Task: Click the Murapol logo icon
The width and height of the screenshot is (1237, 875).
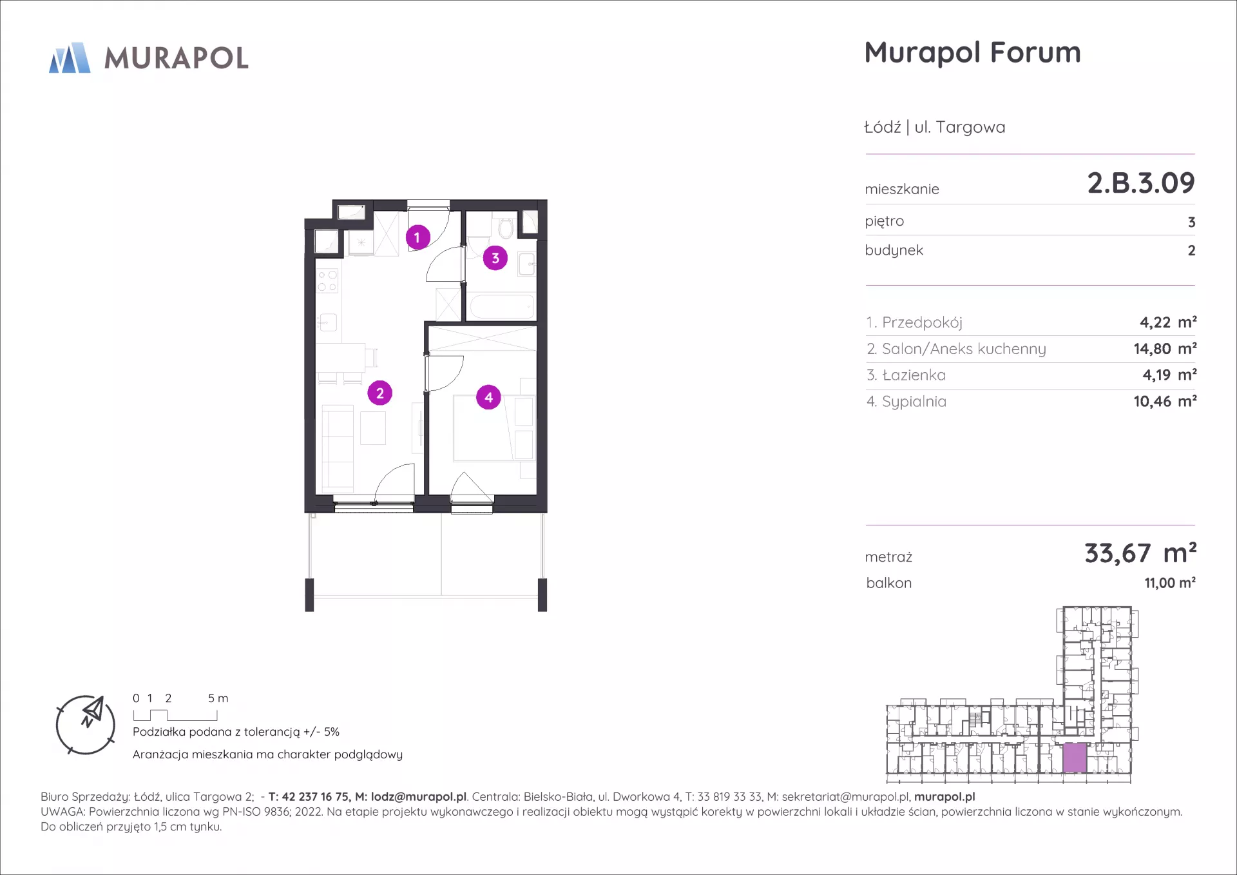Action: (70, 58)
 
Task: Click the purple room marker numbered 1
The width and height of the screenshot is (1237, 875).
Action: (417, 237)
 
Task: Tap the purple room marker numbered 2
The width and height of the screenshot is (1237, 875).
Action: (379, 393)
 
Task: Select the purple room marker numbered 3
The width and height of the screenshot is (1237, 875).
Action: (495, 258)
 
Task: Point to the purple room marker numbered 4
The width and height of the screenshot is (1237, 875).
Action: (488, 397)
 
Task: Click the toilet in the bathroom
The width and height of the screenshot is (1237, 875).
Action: (506, 227)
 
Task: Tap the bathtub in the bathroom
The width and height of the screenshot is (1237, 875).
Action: (502, 306)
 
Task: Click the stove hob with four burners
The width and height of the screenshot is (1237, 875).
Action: (327, 280)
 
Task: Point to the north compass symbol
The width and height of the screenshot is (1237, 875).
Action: (86, 725)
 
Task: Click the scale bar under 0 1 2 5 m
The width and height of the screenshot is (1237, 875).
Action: (175, 715)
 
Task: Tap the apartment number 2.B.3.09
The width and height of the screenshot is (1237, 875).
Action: (1141, 183)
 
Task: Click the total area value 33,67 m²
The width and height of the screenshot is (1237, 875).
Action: (1140, 553)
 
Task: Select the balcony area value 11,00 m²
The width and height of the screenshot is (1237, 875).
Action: (1170, 583)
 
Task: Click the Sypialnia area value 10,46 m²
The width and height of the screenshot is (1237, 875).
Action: (1165, 401)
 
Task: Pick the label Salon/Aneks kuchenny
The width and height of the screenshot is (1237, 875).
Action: (964, 349)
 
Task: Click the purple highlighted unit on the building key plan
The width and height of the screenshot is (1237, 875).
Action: (1074, 758)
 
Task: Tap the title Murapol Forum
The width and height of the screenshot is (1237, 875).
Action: (972, 53)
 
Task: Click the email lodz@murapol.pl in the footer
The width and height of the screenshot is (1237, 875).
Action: (419, 797)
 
